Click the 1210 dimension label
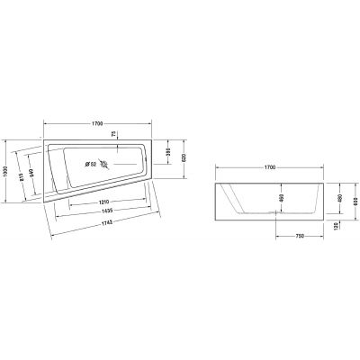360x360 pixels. [x=105, y=201]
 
